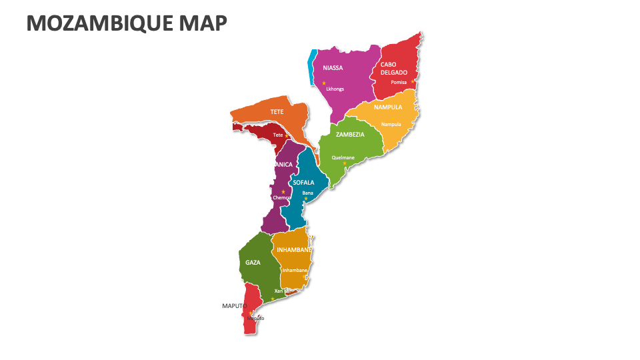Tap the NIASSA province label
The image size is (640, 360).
pos(333,68)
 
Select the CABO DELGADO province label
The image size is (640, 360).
pos(394,69)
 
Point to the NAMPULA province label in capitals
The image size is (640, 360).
pos(387,107)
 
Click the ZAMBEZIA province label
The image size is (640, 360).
pos(350,134)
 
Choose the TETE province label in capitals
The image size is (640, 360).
pos(277,112)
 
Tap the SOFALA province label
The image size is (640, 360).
pos(303,182)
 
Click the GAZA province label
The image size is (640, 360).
pos(253,263)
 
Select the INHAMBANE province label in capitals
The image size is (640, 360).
pos(294,250)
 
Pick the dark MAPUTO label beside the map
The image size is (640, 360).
pos(235,306)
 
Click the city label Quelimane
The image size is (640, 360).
pos(343,158)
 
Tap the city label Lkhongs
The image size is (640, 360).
pos(335,89)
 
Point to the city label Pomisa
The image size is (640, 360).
pos(399,82)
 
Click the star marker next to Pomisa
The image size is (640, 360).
pos(413,82)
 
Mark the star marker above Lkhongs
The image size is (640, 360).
pos(324,83)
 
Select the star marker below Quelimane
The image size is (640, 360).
pos(345,163)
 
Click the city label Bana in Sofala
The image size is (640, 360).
pos(307,193)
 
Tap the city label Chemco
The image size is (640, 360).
pos(281,197)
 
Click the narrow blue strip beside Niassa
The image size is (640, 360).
pos(311,67)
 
